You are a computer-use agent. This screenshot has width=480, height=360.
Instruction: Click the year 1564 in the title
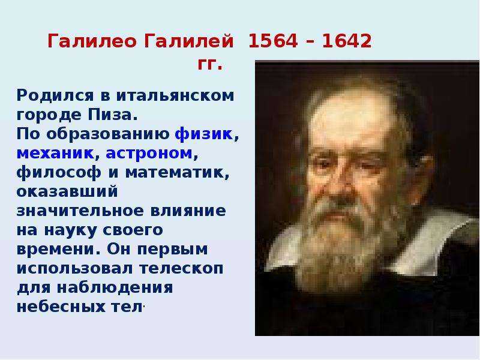[x=273, y=41]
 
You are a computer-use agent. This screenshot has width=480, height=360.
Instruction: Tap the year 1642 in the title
[x=347, y=41]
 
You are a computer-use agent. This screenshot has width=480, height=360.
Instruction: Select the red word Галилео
[x=92, y=41]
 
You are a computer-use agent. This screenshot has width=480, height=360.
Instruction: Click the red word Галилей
[x=188, y=41]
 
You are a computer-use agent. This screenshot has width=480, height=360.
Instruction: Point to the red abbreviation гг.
[x=209, y=65]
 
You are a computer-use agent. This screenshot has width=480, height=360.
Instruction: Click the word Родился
[x=55, y=96]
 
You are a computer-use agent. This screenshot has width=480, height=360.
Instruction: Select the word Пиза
[x=113, y=115]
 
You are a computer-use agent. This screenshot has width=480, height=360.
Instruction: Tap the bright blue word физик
[x=204, y=134]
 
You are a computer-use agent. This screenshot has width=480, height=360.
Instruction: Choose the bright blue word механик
[x=55, y=154]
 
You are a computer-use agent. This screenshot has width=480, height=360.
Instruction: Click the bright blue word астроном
[x=149, y=154]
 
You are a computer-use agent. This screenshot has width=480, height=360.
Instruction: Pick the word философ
[x=59, y=172]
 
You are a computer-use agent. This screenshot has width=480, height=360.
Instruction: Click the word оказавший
[x=67, y=191]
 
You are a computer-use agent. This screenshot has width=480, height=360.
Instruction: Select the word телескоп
[x=182, y=269]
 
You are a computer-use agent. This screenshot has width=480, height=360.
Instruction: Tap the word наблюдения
[x=115, y=288]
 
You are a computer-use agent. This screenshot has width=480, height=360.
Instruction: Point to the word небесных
[x=59, y=307]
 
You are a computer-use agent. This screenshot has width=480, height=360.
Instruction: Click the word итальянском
[x=175, y=96]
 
